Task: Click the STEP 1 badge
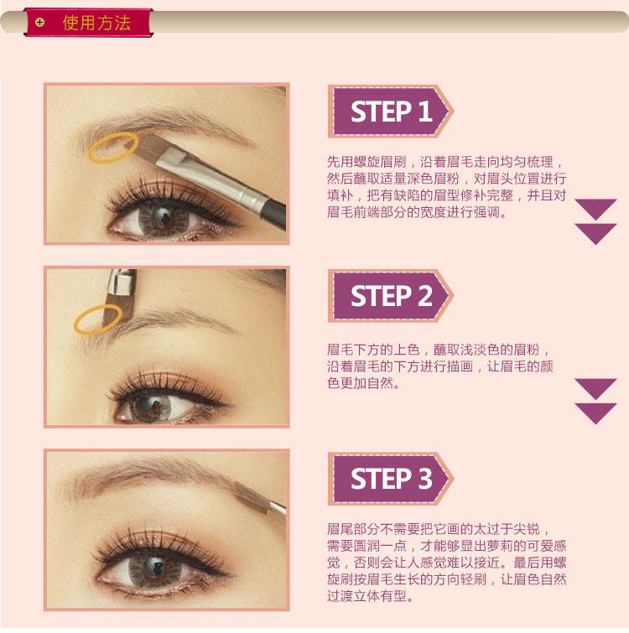tap(391, 112)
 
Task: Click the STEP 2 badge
tap(391, 296)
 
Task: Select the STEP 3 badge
tap(391, 479)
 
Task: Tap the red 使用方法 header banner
tap(88, 23)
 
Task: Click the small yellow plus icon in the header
tap(39, 22)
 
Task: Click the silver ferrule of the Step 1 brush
tap(210, 178)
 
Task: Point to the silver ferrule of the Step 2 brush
tap(122, 281)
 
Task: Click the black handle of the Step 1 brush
tap(274, 214)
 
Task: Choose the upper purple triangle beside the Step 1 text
tap(595, 209)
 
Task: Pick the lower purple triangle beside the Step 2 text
tap(595, 413)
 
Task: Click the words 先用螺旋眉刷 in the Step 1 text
tap(366, 162)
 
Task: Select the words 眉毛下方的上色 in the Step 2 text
tap(373, 350)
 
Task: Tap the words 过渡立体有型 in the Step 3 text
tap(366, 596)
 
